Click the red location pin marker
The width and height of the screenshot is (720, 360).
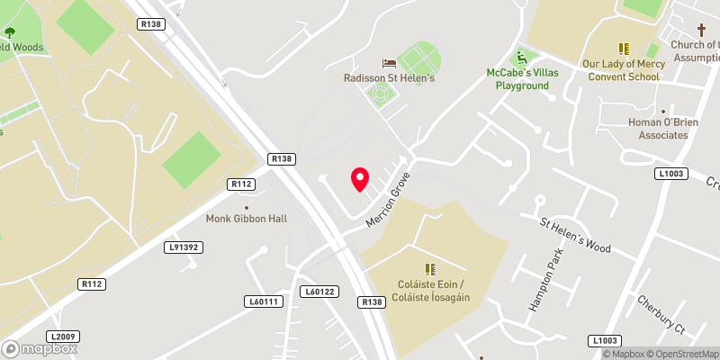point(360,179)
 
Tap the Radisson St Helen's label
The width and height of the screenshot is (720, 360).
point(390,78)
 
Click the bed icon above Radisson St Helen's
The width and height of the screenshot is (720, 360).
point(389,63)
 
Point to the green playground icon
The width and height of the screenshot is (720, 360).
point(521,56)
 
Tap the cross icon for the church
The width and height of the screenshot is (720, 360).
point(701,30)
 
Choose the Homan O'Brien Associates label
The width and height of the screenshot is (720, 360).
point(658,129)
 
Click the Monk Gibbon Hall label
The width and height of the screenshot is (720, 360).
point(246,219)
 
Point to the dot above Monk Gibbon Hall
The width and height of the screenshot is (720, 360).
point(247,207)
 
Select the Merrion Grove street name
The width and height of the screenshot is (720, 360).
point(388,199)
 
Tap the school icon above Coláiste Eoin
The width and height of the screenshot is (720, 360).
point(431,268)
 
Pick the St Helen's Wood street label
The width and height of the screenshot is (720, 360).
point(575,235)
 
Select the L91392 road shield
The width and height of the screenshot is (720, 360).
point(182,246)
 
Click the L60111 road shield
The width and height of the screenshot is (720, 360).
point(261,301)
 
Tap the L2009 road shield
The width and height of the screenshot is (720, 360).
point(63,336)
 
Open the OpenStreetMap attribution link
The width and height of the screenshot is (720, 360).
point(680,354)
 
